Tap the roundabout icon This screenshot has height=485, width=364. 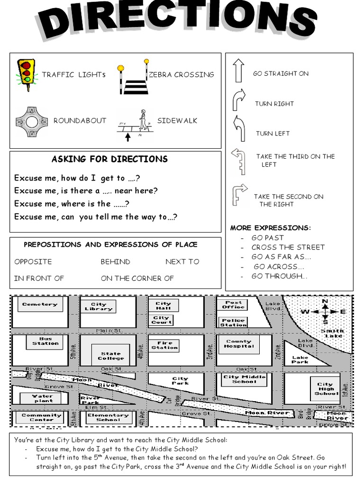[x=32, y=122]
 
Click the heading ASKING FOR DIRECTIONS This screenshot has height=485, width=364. [x=109, y=159]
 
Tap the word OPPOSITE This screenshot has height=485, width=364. [x=33, y=261]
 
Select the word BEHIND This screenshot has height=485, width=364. [x=115, y=261]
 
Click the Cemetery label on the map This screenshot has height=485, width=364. [x=40, y=305]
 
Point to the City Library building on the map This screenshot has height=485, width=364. [x=99, y=306]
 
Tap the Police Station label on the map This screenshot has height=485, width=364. [x=233, y=323]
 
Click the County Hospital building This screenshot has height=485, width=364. [x=239, y=344]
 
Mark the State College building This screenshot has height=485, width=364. [x=110, y=356]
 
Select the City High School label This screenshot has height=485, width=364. [x=325, y=389]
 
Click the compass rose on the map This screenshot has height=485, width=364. [x=325, y=312]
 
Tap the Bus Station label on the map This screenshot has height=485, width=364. [x=45, y=341]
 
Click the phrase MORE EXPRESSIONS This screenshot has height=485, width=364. [x=270, y=228]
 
